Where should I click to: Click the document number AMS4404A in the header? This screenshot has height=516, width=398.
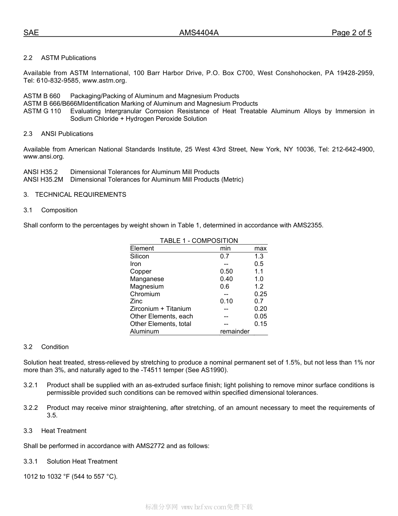point(199,33)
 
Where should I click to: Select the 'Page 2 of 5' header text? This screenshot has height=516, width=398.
point(351,33)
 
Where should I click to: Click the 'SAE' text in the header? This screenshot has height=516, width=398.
point(31,33)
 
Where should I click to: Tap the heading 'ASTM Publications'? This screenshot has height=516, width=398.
point(68,58)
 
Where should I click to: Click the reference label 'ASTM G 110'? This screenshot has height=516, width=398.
point(42,111)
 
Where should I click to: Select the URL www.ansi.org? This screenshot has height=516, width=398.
point(43,157)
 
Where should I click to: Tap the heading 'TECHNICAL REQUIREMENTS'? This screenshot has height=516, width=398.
point(80,195)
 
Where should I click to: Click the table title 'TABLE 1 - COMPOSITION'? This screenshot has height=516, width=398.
point(199,241)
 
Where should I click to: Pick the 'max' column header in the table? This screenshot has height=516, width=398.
point(260,248)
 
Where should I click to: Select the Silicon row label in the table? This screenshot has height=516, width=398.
point(140,256)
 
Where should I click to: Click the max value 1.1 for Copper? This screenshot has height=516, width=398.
point(259,271)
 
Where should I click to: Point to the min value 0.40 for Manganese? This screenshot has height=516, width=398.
point(226,279)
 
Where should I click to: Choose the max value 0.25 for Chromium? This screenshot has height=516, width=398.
point(260,294)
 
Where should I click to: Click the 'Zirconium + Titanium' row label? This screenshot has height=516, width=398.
point(160,309)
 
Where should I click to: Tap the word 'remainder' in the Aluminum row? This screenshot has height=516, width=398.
point(235,331)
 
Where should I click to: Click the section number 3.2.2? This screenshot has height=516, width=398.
point(31,408)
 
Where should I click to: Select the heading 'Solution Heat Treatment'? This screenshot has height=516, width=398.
point(82,461)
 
